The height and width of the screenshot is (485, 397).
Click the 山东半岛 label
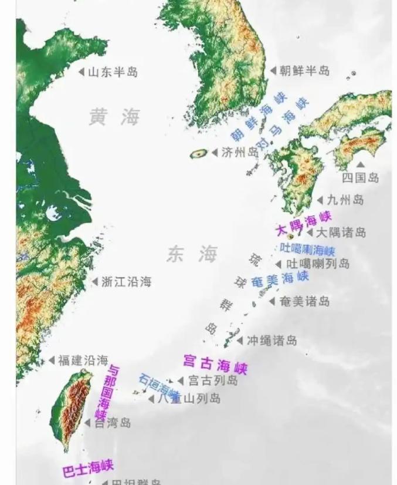point(113,72)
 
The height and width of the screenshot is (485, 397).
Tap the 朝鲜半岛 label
point(304,71)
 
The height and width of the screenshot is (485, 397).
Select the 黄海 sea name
point(115,116)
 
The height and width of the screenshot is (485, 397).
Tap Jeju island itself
point(199,153)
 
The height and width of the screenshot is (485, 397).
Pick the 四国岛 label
point(361,177)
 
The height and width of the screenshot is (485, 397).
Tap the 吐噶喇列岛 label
point(317,264)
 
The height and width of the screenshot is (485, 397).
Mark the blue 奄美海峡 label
point(280,278)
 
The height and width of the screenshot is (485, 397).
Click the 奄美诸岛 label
point(304,301)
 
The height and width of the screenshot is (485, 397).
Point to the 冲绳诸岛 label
point(272,340)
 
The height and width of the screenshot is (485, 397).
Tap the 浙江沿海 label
point(125,282)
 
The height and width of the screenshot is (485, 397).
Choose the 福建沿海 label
point(83,360)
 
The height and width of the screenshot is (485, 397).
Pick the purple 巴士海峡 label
point(87,467)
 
